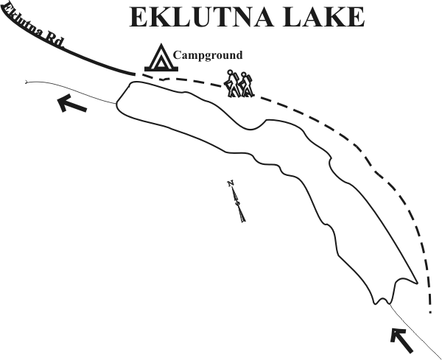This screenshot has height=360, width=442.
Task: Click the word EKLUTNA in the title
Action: [x=201, y=17]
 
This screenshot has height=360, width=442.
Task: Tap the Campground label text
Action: [x=208, y=55]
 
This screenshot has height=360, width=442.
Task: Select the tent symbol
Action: [x=161, y=57]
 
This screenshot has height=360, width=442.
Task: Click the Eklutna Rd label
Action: [x=32, y=25]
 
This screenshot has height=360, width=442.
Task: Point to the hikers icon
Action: [x=239, y=84]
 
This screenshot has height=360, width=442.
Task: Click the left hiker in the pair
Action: [x=231, y=84]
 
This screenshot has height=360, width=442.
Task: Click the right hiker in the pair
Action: [x=247, y=85]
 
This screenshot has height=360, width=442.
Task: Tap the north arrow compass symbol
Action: [x=236, y=201]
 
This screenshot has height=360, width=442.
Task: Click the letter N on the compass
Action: [x=231, y=183]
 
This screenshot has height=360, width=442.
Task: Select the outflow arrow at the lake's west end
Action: [x=71, y=103]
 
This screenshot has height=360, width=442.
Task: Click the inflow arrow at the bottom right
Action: [x=401, y=340]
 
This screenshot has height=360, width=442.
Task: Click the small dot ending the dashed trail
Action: [x=430, y=312]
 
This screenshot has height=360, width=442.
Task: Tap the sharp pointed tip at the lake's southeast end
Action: [x=417, y=283]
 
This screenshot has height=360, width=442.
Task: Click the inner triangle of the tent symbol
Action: [x=161, y=63]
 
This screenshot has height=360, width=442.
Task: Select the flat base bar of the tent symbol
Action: [x=161, y=69]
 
